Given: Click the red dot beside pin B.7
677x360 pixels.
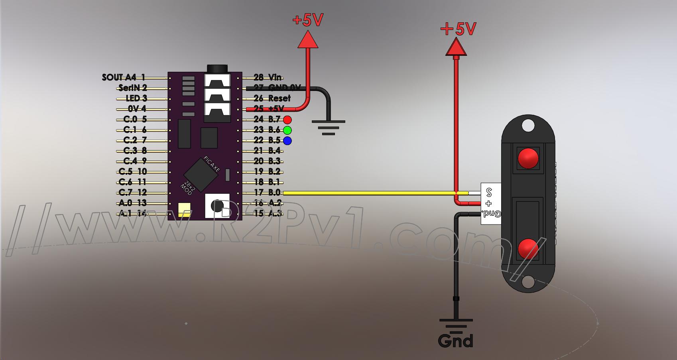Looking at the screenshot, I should point(287,120).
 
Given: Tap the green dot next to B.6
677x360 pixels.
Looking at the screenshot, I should point(287,130).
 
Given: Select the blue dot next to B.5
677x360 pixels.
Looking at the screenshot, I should point(287,140).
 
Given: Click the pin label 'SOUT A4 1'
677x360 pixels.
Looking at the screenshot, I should point(124,77).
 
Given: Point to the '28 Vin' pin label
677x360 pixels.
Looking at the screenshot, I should point(268,77).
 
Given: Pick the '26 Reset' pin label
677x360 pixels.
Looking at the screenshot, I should point(272,98).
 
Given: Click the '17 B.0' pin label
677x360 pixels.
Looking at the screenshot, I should point(267,193).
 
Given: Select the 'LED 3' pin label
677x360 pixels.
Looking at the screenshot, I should point(136,98).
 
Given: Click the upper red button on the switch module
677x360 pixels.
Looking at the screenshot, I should point(528,158).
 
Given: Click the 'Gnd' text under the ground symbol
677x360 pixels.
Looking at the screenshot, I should point(455,341).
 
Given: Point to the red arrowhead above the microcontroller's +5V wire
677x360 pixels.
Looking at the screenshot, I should point(308,40).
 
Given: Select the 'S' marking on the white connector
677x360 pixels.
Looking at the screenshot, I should point(489,193).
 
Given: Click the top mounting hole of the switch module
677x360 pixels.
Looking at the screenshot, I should point(528,126).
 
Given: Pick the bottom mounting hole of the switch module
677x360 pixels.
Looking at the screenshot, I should point(528,282).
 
